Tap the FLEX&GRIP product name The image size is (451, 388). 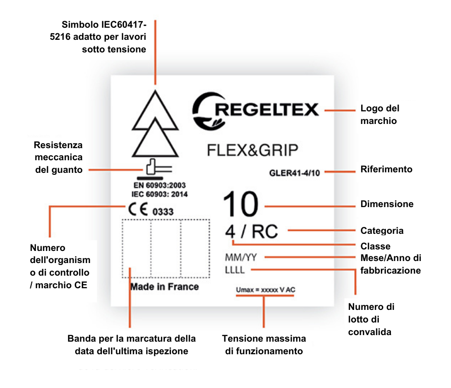click(253, 150)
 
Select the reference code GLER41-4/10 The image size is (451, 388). click(295, 172)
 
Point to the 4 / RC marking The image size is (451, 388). click(251, 232)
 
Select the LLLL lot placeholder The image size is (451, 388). click(235, 270)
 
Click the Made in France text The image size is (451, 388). click(164, 287)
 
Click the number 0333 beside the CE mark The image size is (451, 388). click(163, 212)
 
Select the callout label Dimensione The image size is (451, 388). click(387, 205)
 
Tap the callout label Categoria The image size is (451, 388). click(382, 231)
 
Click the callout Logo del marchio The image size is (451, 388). click(380, 115)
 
